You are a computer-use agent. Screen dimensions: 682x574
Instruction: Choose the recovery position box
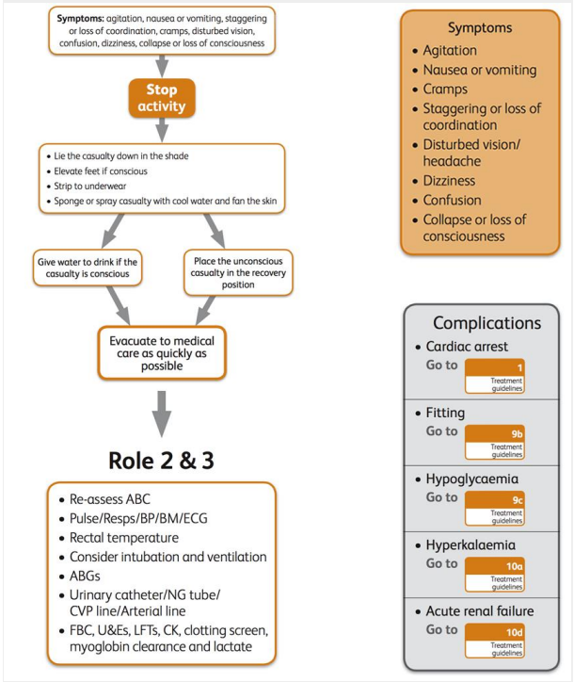(238, 271)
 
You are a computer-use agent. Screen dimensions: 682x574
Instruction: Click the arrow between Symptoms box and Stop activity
(161, 64)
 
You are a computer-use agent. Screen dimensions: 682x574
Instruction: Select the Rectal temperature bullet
(123, 538)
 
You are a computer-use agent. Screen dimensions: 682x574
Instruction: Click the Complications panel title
(486, 322)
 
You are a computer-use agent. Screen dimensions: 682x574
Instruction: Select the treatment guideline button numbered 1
(495, 376)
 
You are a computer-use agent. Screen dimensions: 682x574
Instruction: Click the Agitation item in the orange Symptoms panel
(450, 50)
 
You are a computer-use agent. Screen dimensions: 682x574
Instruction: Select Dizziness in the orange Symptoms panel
(450, 180)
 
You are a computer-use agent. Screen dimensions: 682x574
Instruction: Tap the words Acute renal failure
(481, 610)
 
